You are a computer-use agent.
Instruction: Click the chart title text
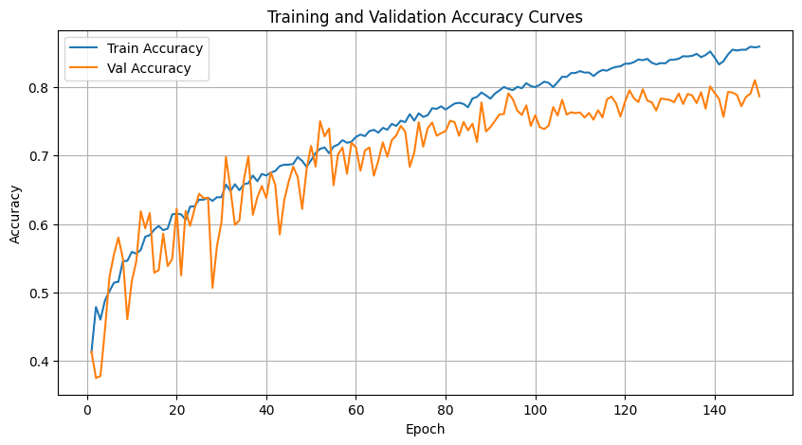[425, 17]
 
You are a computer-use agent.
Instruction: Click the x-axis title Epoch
[425, 429]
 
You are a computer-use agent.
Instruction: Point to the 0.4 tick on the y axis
[41, 362]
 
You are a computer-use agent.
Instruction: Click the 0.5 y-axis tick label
[41, 294]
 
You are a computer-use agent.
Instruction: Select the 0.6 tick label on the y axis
[41, 224]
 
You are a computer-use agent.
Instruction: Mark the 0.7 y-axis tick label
[41, 156]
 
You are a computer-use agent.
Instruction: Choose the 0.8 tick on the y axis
[41, 88]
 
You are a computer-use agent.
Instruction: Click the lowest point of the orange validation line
[96, 378]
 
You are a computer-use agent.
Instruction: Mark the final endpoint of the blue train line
[759, 46]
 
